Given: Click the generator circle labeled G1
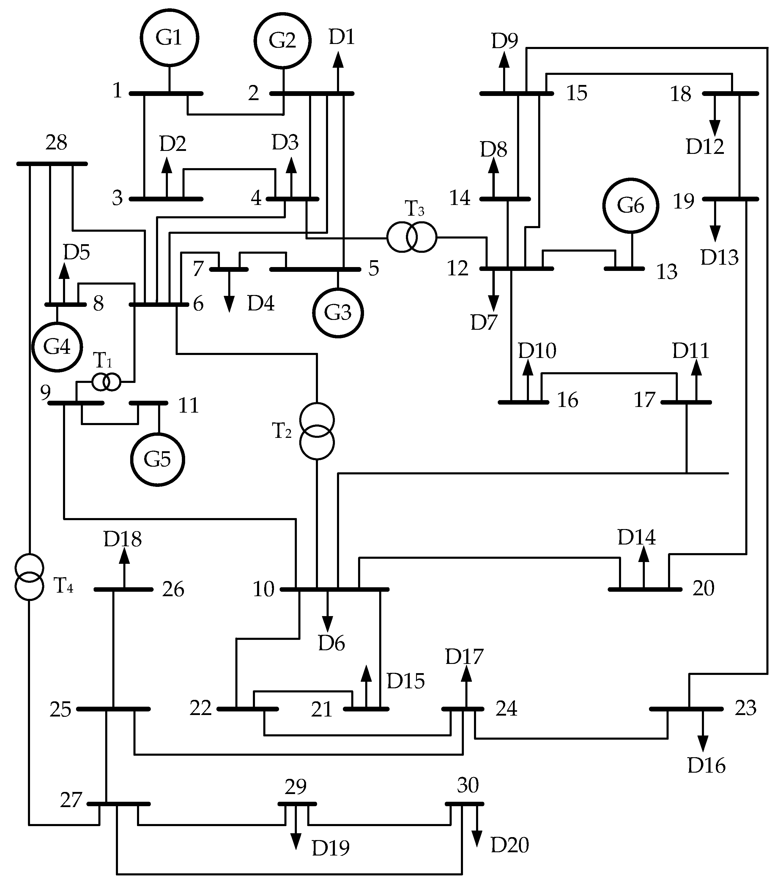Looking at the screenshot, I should pyautogui.click(x=169, y=38).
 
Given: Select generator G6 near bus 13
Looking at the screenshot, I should pyautogui.click(x=631, y=205).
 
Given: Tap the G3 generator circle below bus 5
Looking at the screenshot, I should pyautogui.click(x=338, y=312).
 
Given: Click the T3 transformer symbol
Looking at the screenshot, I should pyautogui.click(x=412, y=237).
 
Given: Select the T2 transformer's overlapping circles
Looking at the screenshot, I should pyautogui.click(x=317, y=431).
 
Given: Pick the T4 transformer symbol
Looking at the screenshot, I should pyautogui.click(x=29, y=576).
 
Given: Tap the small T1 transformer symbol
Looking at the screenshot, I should pyautogui.click(x=106, y=382).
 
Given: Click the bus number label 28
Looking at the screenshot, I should pyautogui.click(x=56, y=143).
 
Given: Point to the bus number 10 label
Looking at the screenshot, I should pyautogui.click(x=263, y=589).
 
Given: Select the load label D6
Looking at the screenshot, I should pyautogui.click(x=331, y=643).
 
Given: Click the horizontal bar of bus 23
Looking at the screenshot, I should pyautogui.click(x=686, y=709).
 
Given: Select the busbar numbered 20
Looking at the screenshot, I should pyautogui.click(x=644, y=589).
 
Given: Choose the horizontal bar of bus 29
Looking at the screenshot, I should pyautogui.click(x=297, y=804).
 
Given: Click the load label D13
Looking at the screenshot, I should pyautogui.click(x=719, y=258).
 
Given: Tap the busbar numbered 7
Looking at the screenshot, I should pyautogui.click(x=229, y=269).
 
